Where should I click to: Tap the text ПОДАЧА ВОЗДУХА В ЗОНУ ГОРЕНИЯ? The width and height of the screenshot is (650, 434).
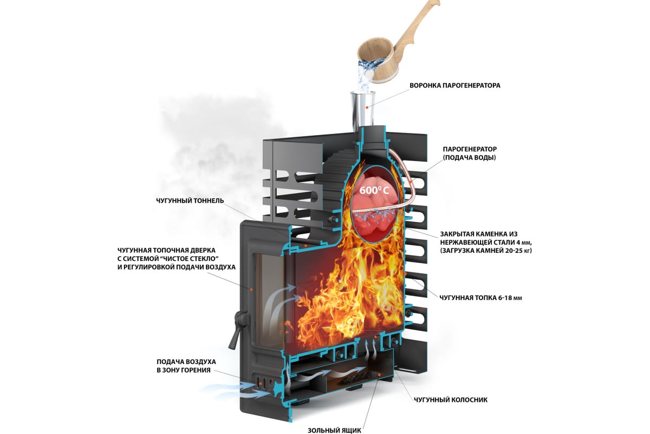[186, 366]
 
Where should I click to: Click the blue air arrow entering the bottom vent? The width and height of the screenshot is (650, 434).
[222, 387]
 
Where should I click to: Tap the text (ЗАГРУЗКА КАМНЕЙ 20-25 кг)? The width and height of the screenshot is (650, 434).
[485, 251]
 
